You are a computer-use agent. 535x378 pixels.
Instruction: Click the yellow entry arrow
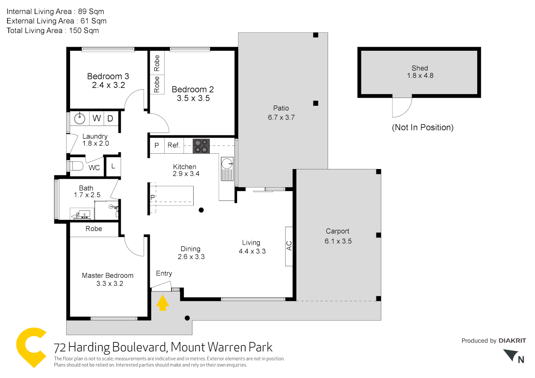click(x=162, y=303)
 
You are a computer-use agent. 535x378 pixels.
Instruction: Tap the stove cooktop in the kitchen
click(x=201, y=146)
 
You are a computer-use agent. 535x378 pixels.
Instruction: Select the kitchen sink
click(x=227, y=168)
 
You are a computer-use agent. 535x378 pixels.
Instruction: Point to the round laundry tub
click(x=80, y=118)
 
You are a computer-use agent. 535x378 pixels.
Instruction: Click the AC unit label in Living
click(x=289, y=246)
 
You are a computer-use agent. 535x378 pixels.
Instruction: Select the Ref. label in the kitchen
click(x=173, y=145)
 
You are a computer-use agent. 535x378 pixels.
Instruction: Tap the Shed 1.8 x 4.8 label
click(x=420, y=72)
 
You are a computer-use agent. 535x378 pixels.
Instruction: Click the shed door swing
click(x=402, y=107)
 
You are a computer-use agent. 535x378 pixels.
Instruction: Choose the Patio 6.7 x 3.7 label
click(x=281, y=113)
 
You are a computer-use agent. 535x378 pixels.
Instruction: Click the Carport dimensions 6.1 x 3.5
click(x=338, y=241)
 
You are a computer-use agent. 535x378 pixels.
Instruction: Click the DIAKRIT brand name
click(x=512, y=341)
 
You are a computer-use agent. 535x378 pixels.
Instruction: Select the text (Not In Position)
click(x=423, y=127)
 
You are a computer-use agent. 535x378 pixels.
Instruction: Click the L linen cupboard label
click(x=113, y=166)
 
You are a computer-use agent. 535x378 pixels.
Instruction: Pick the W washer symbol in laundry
click(x=97, y=118)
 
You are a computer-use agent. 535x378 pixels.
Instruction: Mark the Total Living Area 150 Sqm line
click(x=53, y=30)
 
